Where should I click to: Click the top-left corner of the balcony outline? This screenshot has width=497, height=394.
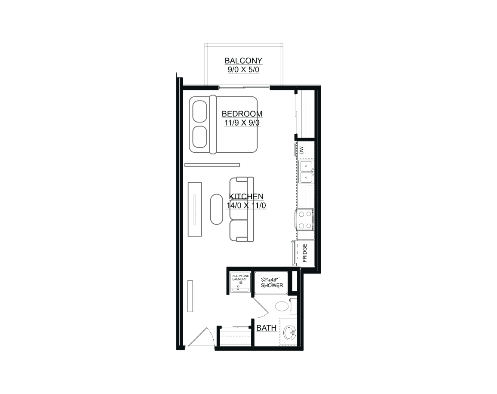tap(205, 43)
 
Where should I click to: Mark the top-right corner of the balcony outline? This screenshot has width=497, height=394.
tap(283, 43)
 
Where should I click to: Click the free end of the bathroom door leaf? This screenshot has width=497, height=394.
tap(269, 311)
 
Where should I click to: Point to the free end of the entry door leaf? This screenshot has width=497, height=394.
tap(207, 328)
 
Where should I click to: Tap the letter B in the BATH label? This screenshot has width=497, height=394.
tap(259, 328)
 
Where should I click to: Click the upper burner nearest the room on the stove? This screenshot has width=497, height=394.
tap(301, 214)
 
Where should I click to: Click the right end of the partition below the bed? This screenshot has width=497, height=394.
tap(239, 165)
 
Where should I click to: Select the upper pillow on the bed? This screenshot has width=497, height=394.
tap(199, 111)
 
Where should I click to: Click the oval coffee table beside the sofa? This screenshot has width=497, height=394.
tap(217, 209)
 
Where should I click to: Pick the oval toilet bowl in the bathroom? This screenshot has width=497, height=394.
tap(282, 306)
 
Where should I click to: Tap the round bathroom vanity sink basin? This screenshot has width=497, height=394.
tap(290, 333)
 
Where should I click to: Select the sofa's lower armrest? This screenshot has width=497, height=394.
tap(242, 239)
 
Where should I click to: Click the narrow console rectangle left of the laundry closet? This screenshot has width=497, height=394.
tap(190, 296)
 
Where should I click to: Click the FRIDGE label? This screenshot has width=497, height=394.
tap(305, 253)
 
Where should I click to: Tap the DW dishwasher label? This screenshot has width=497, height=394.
tap(301, 150)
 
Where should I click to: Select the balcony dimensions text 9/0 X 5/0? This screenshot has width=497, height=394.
tap(243, 70)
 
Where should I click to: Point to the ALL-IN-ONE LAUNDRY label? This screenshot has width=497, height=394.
tap(241, 277)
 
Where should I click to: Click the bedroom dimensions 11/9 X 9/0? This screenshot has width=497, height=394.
tap(242, 123)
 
